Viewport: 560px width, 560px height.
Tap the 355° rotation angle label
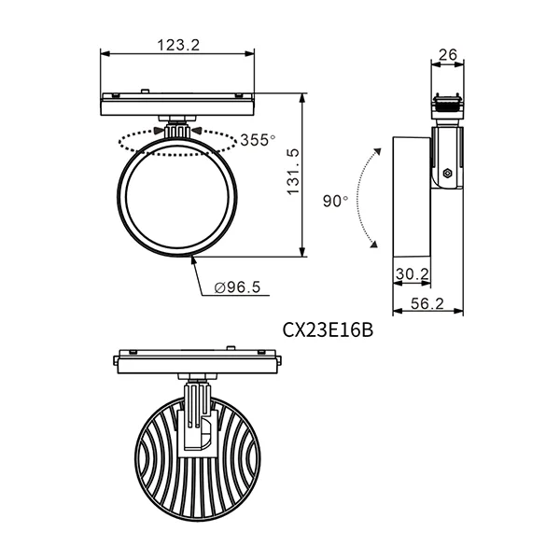click(x=258, y=140)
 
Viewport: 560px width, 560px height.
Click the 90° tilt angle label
click(x=335, y=201)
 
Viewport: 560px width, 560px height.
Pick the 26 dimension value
click(x=447, y=55)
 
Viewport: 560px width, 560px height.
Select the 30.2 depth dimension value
click(x=411, y=273)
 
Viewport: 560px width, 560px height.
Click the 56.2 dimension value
click(x=427, y=303)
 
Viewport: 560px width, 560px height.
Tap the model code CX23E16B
click(x=327, y=329)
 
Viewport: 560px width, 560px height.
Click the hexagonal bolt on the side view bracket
click(x=448, y=174)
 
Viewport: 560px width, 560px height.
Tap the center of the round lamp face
click(x=177, y=201)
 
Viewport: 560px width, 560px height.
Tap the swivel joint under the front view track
click(x=177, y=126)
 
